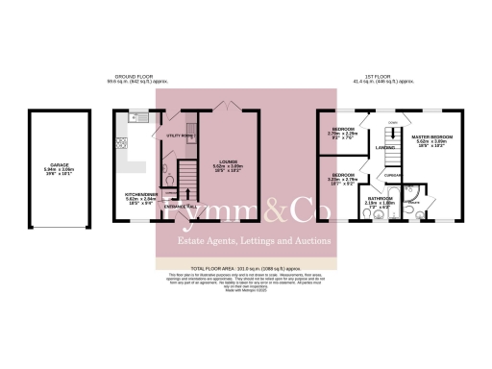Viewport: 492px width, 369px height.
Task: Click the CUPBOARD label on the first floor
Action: coord(392,175)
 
